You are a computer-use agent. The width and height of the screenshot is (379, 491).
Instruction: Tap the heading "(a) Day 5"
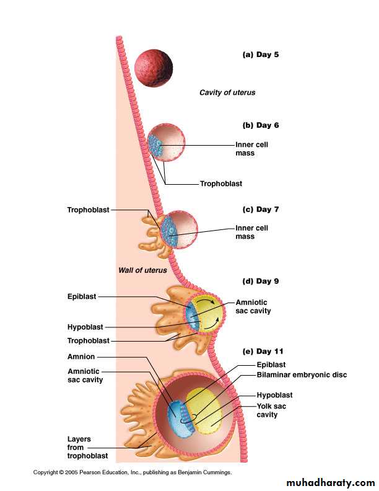pyautogui.click(x=260, y=55)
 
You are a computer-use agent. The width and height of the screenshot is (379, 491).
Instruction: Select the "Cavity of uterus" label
pyautogui.click(x=227, y=92)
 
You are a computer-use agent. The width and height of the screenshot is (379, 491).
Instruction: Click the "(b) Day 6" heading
pyautogui.click(x=260, y=125)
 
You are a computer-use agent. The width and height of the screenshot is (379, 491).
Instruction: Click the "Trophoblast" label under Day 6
pyautogui.click(x=220, y=184)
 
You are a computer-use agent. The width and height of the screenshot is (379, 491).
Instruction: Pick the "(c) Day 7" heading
pyautogui.click(x=260, y=210)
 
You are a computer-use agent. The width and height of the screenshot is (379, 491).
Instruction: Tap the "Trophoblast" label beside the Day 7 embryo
pyautogui.click(x=88, y=210)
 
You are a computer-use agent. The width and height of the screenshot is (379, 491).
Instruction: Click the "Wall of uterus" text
pyautogui.click(x=142, y=270)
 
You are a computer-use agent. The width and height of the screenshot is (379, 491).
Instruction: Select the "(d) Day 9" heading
pyautogui.click(x=260, y=281)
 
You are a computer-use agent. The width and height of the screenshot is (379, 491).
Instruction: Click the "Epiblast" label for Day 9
pyautogui.click(x=82, y=296)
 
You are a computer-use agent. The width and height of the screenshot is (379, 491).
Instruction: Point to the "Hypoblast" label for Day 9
pyautogui.click(x=85, y=327)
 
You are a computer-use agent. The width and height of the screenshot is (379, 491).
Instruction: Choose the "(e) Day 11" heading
pyautogui.click(x=263, y=351)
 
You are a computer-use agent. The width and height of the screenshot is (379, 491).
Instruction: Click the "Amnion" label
pyautogui.click(x=81, y=357)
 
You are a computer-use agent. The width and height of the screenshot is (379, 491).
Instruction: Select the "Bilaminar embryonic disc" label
pyautogui.click(x=302, y=374)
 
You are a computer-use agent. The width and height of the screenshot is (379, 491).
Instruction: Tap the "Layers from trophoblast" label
pyautogui.click(x=85, y=447)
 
